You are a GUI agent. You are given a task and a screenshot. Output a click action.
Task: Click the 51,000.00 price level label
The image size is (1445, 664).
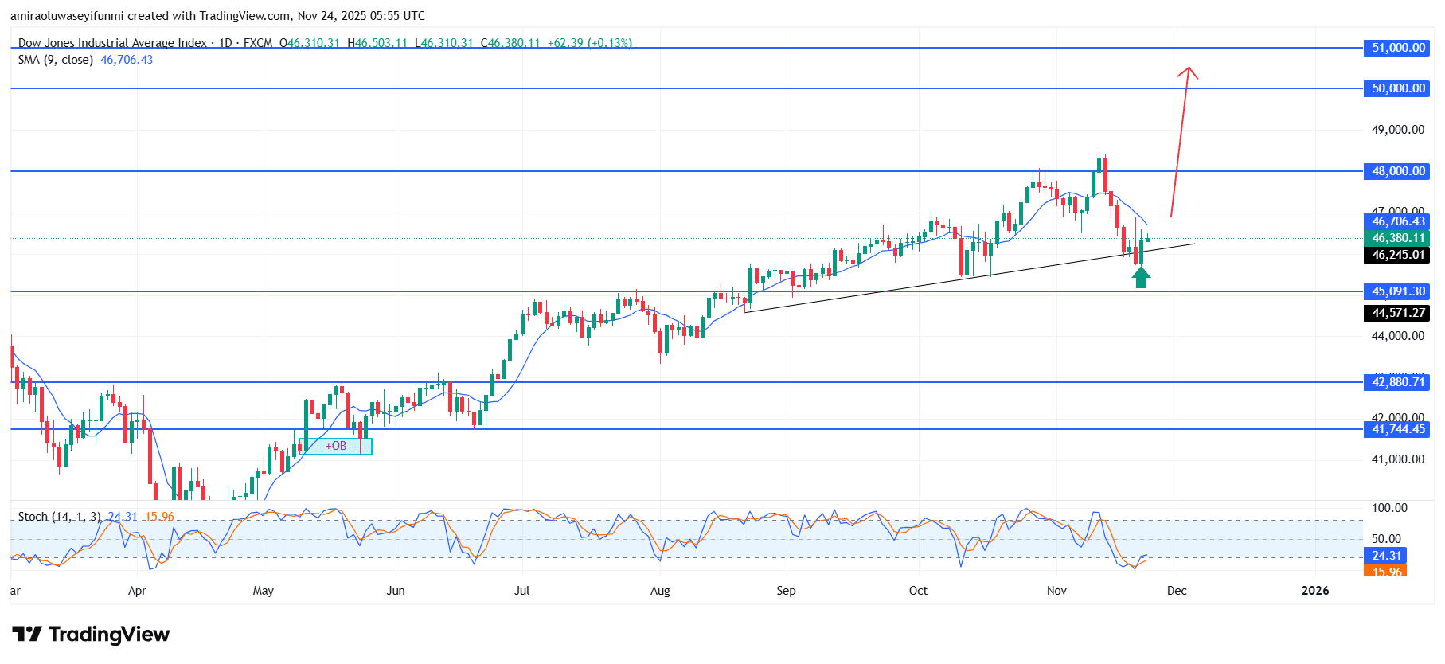pyautogui.click(x=1398, y=48)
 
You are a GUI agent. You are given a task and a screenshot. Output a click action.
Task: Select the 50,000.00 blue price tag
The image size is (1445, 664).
pyautogui.click(x=1398, y=88)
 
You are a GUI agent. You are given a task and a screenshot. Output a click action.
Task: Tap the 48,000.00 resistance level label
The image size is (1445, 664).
pyautogui.click(x=1398, y=171)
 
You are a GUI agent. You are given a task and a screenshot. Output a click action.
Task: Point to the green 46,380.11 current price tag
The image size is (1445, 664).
pyautogui.click(x=1398, y=238)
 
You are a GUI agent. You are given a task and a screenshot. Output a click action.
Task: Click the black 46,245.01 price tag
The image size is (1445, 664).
pyautogui.click(x=1398, y=255)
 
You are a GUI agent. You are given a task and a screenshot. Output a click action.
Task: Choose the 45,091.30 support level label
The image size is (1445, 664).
pyautogui.click(x=1398, y=291)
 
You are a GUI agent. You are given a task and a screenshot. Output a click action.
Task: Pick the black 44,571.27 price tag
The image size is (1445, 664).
pyautogui.click(x=1398, y=313)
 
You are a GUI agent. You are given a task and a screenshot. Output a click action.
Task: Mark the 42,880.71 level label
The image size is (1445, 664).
pyautogui.click(x=1398, y=382)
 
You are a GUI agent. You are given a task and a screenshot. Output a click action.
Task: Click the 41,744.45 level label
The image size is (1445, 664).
pyautogui.click(x=1398, y=429)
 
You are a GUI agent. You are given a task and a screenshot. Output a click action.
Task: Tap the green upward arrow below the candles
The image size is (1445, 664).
pyautogui.click(x=1141, y=277)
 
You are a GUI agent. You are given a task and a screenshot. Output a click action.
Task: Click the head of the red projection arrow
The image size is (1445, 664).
pyautogui.click(x=1188, y=70)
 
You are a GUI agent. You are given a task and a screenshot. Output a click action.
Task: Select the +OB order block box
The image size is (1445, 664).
pyautogui.click(x=337, y=446)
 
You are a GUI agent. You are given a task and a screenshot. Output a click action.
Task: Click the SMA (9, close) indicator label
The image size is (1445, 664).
pyautogui.click(x=56, y=60)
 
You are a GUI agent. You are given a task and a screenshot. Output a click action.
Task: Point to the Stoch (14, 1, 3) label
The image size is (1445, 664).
pyautogui.click(x=60, y=517)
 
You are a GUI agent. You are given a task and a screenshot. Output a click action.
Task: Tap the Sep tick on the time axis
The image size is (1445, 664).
pyautogui.click(x=786, y=591)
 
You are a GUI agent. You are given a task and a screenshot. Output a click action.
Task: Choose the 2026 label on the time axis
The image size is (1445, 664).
pyautogui.click(x=1315, y=591)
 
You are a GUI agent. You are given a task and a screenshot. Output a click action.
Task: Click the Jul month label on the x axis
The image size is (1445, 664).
pyautogui.click(x=522, y=591)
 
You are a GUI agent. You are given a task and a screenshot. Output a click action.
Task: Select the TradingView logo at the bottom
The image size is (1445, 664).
pyautogui.click(x=92, y=635)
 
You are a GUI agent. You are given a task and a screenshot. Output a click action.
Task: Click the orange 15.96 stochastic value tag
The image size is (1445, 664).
pyautogui.click(x=1386, y=571)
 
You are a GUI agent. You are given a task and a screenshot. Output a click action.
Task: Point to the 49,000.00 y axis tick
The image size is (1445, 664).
pyautogui.click(x=1397, y=130)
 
